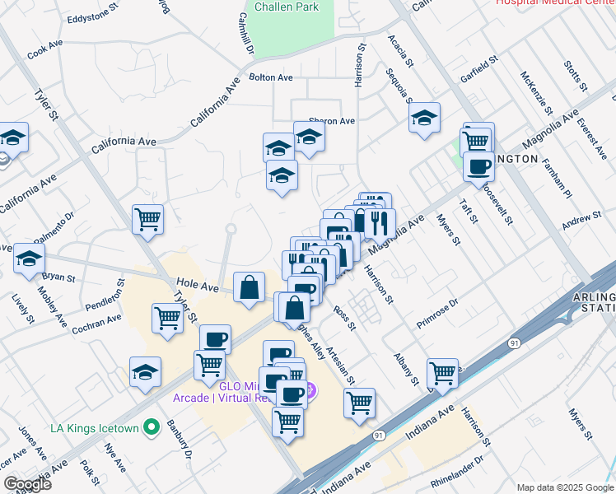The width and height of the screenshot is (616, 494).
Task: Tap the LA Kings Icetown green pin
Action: (151, 427)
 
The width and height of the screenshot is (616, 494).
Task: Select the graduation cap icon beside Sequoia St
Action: (424, 118)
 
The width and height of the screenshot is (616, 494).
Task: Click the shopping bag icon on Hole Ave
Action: (250, 287)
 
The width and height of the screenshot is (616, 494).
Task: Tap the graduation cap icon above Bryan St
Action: (29, 258)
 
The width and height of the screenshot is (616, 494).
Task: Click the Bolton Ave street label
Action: (271, 77)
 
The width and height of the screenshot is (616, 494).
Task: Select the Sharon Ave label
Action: (331, 121)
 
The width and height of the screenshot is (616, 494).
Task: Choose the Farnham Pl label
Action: (556, 179)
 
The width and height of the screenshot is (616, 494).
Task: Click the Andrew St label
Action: (581, 218)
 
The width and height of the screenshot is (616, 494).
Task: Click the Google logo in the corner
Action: (26, 484)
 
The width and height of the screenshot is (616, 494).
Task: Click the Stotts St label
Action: (575, 75)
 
